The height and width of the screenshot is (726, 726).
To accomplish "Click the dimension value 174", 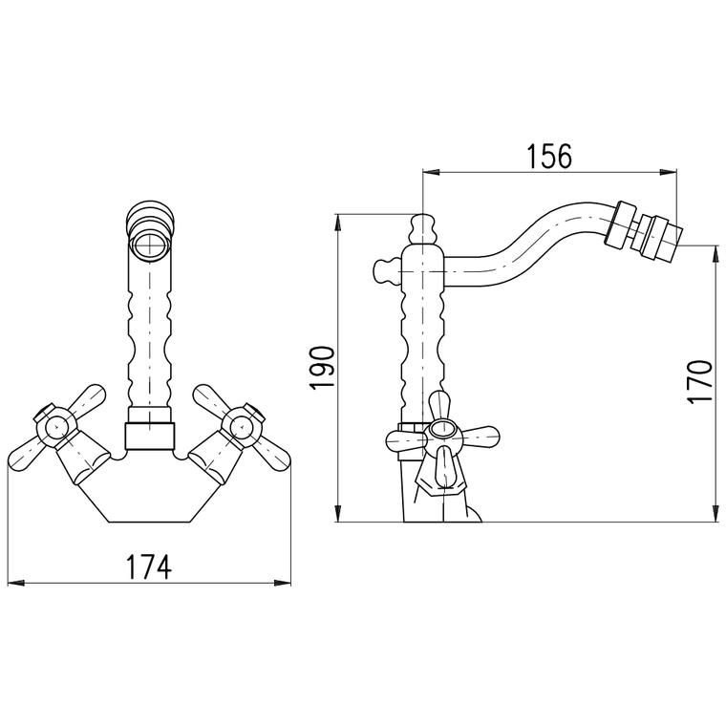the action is click(149, 566).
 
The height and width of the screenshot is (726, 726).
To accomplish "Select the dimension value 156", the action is click(549, 156).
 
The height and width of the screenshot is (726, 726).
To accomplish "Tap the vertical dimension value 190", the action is click(323, 368).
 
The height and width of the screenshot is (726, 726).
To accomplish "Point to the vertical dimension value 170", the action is click(699, 381).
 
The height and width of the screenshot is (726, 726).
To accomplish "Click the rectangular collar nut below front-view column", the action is click(150, 436).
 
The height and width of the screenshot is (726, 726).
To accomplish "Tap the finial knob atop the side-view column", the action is click(422, 229).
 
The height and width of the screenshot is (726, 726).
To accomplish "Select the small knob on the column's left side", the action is click(386, 271).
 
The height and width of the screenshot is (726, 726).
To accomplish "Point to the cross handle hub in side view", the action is click(442, 430).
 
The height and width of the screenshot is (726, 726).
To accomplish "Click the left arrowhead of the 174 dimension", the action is click(15, 583).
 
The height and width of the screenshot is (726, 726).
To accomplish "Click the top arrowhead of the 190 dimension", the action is click(338, 222).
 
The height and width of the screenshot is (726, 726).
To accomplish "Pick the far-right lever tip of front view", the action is click(287, 459).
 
